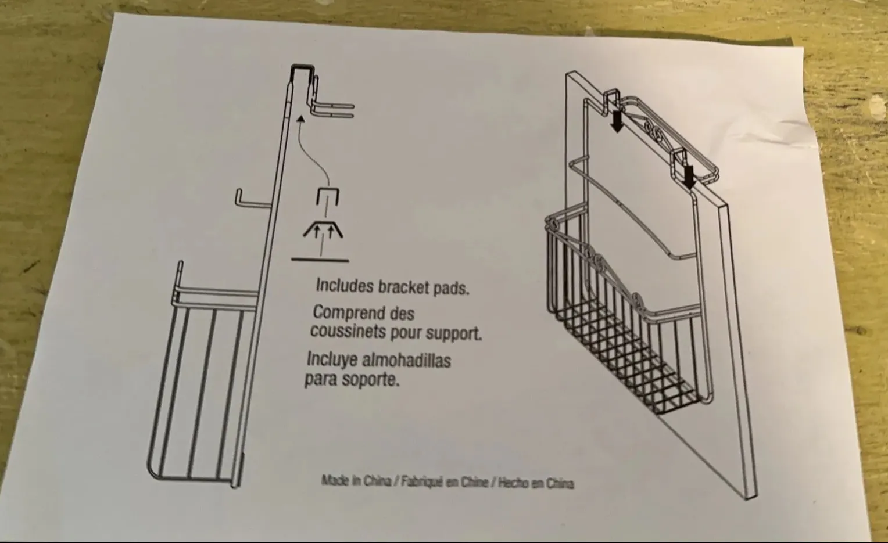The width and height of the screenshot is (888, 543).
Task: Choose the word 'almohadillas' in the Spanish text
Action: click(406, 360)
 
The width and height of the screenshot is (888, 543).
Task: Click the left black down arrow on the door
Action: click(617, 121)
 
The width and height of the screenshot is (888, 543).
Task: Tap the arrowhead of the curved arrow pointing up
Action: click(300, 119)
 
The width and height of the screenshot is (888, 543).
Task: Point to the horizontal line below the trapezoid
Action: click(320, 260)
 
